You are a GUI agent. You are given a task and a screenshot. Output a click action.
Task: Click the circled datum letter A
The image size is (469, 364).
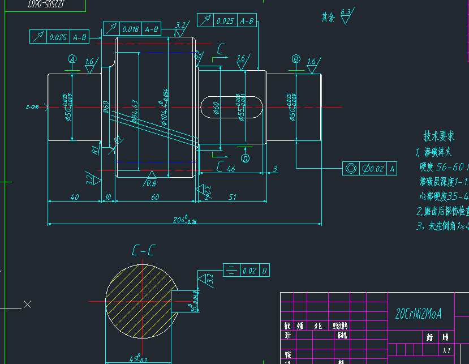[x=72, y=59]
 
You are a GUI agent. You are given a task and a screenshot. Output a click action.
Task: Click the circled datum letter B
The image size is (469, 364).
[x=296, y=59]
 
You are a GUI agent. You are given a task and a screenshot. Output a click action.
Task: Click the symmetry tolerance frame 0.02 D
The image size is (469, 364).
[x=247, y=271]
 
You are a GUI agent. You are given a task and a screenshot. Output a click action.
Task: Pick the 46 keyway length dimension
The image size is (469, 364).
[x=231, y=169]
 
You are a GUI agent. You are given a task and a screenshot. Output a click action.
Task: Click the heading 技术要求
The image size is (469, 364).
[x=439, y=136]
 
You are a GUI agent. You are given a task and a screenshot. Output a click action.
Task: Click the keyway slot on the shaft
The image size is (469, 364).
[x=232, y=107]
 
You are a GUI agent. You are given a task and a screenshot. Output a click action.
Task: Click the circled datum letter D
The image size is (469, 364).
[x=246, y=158]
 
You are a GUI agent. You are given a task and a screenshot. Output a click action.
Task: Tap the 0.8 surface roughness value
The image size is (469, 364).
[x=151, y=183]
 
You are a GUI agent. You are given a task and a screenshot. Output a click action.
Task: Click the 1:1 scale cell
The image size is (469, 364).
[x=446, y=350]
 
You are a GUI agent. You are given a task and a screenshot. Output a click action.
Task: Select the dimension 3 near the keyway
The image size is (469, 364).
[x=275, y=169]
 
